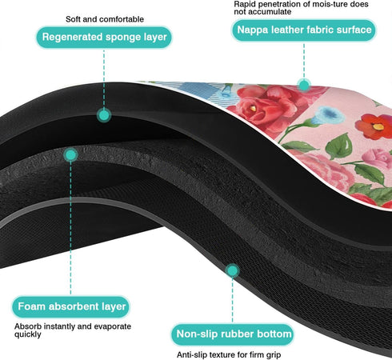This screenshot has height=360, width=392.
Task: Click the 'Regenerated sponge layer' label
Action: (104, 37)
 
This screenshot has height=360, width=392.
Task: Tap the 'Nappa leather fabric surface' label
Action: (304, 30)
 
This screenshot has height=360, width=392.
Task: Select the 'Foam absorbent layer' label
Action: (71, 306)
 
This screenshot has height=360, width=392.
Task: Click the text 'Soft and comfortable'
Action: (105, 19)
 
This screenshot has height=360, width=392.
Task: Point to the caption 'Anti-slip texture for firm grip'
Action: (229, 355)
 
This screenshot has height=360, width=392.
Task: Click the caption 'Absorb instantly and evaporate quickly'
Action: (73, 330)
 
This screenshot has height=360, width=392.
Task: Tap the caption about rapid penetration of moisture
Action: (301, 8)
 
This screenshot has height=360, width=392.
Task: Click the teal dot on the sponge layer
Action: (104, 115)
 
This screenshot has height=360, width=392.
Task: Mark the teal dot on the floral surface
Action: (304, 86)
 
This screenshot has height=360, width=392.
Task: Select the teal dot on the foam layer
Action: (70, 155)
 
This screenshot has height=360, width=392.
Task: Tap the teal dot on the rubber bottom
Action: (233, 270)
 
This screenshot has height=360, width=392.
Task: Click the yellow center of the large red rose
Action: (253, 108)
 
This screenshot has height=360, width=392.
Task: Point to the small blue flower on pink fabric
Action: (327, 115)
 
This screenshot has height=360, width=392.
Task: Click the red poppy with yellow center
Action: (374, 126)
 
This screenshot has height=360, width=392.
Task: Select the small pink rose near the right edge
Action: (378, 158)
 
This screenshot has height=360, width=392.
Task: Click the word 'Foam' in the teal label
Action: (31, 306)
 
